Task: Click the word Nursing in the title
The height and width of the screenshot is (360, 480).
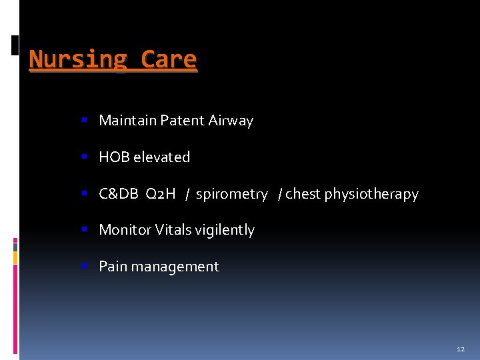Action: [79, 60]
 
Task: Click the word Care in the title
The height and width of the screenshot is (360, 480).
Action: [169, 60]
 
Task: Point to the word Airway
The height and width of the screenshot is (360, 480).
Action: [231, 121]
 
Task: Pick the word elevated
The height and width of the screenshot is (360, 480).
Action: [162, 157]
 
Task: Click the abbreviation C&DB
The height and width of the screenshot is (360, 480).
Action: [119, 194]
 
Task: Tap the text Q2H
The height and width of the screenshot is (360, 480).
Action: [160, 194]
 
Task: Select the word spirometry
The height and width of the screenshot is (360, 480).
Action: [231, 194]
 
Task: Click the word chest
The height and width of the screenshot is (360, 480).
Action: [303, 194]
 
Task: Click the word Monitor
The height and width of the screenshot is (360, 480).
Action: [125, 230]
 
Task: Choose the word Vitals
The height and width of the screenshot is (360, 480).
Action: [173, 230]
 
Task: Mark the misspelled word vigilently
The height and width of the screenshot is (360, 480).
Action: [224, 231]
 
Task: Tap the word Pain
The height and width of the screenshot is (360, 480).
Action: [113, 267]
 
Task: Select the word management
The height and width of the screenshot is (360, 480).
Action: [175, 267]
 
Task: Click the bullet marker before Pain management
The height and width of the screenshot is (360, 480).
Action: [85, 267]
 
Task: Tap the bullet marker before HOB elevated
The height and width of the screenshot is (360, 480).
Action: [85, 157]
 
